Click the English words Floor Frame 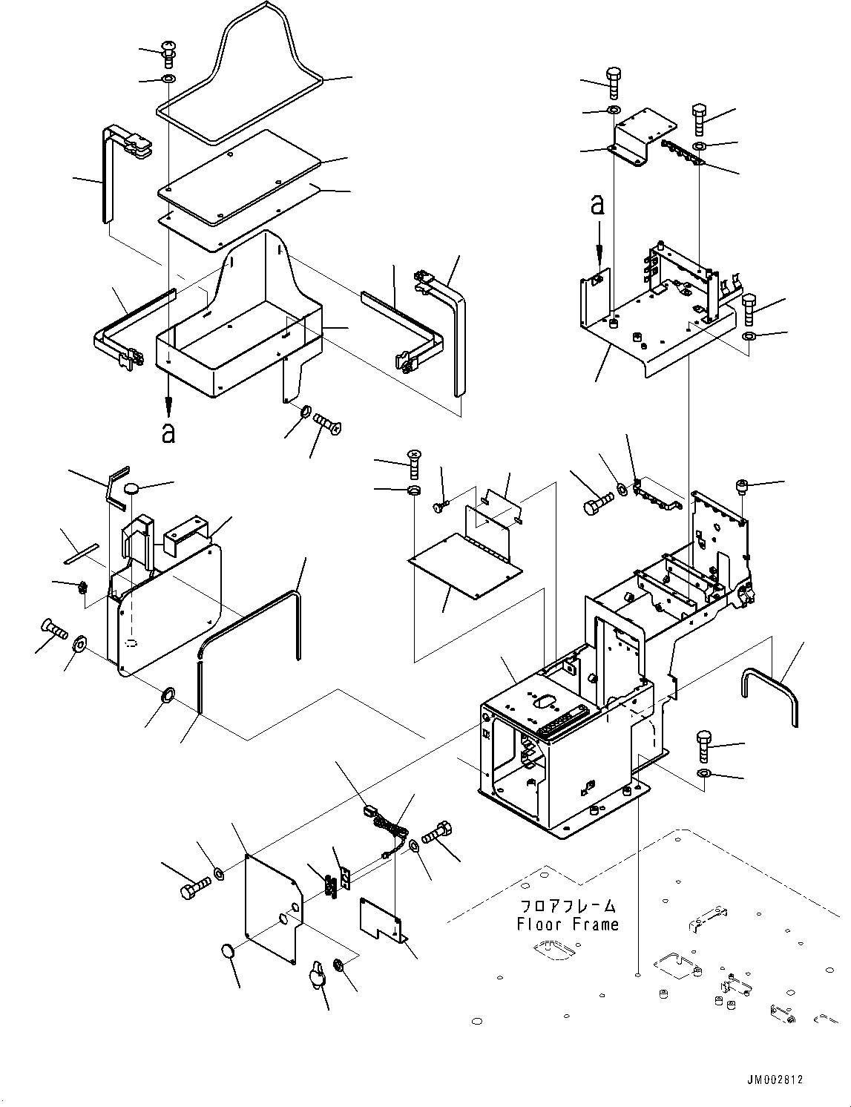[568, 924]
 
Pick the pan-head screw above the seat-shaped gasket [169, 54]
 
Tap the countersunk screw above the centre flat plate [415, 464]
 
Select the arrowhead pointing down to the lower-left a [168, 407]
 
